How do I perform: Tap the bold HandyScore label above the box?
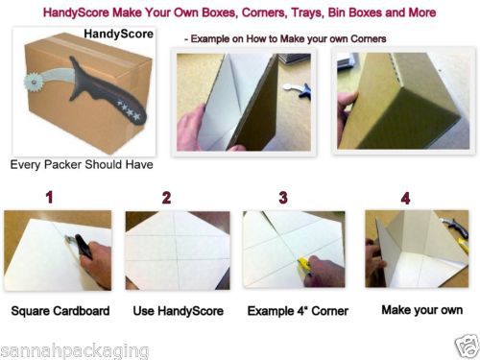(x=118, y=34)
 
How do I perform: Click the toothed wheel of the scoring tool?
(x=33, y=83)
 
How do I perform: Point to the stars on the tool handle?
(x=128, y=110)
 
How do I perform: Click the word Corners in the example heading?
(x=369, y=39)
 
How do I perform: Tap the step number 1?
(x=49, y=197)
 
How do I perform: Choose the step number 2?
(x=166, y=198)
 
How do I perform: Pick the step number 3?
(x=283, y=198)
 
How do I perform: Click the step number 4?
(x=405, y=199)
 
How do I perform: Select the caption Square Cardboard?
(x=60, y=311)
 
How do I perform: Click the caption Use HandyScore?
(x=179, y=311)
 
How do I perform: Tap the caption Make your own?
(x=422, y=310)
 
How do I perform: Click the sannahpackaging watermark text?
(x=75, y=351)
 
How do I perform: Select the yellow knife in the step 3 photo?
(x=305, y=265)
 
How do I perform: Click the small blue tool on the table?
(x=299, y=89)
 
